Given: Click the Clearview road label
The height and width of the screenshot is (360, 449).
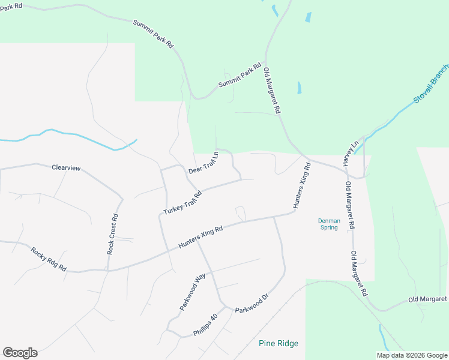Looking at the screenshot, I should click(x=66, y=168).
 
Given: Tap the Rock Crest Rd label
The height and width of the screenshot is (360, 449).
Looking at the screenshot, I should click(x=112, y=235).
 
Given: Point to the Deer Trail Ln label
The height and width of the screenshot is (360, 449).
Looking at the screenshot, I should click(x=203, y=163).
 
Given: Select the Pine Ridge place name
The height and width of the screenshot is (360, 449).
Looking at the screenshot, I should click(x=279, y=343).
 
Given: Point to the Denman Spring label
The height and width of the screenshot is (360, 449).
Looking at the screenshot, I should click(x=329, y=224).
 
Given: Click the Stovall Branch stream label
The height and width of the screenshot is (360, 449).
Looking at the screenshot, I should click(x=430, y=85).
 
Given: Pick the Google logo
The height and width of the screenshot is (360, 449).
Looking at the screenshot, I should click(x=20, y=353).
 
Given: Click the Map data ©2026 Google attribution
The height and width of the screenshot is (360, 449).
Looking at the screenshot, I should click(x=411, y=355).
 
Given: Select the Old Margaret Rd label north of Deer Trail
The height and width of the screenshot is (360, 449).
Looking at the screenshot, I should click(x=273, y=91).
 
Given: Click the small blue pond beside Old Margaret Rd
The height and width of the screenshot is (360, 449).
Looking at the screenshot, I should click(x=300, y=88).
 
